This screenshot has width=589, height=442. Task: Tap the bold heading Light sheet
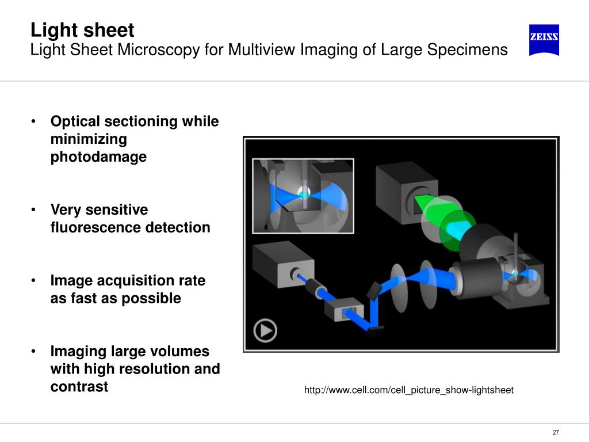pos(82,30)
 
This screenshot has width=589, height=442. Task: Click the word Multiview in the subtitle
pos(262,50)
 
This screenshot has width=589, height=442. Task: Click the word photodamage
pos(98,157)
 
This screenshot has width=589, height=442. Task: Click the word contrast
pos(79,386)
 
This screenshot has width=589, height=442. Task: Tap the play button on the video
pos(265,331)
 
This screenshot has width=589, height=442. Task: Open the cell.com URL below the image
pos(408,390)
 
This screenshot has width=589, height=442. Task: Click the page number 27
pos(556,433)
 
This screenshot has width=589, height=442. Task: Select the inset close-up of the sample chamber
pos(303,195)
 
